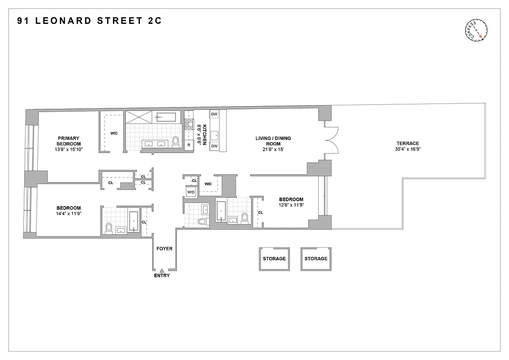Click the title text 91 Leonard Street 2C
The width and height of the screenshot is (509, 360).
point(89,21)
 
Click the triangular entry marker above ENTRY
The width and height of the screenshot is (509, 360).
point(162,270)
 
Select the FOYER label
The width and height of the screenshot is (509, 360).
point(164,248)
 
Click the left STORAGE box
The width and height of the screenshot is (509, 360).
point(274,259)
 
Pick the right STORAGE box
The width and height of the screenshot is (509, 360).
point(316,259)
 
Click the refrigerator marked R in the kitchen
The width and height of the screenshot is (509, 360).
point(189,144)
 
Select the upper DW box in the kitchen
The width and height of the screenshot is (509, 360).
point(214,114)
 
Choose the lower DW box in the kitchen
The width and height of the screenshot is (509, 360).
point(214,146)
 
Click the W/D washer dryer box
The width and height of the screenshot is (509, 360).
point(191,192)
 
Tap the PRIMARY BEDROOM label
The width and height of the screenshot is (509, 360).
point(68,141)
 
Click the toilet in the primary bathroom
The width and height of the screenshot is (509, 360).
point(176,142)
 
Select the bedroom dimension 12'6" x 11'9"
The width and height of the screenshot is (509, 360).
point(291,206)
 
